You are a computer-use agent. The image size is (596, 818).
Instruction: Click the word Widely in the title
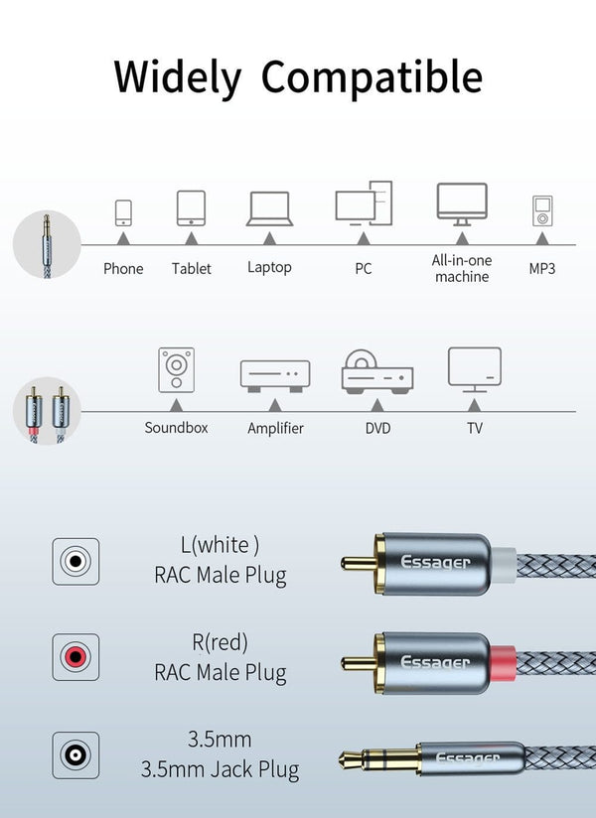click(x=178, y=77)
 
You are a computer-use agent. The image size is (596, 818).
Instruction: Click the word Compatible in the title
click(x=372, y=77)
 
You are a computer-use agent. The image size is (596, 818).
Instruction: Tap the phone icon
click(x=123, y=212)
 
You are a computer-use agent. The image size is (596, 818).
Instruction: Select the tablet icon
click(x=191, y=208)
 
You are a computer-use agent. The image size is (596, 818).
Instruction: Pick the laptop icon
click(x=269, y=208)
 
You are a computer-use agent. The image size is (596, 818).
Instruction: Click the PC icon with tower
click(x=364, y=203)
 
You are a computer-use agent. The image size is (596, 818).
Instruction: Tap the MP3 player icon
click(x=541, y=211)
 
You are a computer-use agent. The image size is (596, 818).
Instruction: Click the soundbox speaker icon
click(x=177, y=370)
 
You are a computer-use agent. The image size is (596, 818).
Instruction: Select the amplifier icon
click(x=275, y=375)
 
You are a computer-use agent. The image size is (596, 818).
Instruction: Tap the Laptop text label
click(x=269, y=267)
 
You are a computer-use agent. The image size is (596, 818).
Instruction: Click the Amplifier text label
click(x=275, y=429)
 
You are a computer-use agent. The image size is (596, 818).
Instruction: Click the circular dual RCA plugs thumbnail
click(x=47, y=410)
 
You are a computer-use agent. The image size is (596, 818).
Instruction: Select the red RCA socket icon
click(x=75, y=656)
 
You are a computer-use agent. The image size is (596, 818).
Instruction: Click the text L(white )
click(x=220, y=544)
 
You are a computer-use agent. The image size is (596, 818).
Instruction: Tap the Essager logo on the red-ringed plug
click(x=435, y=661)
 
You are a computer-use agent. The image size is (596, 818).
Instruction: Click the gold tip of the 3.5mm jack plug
click(x=352, y=760)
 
